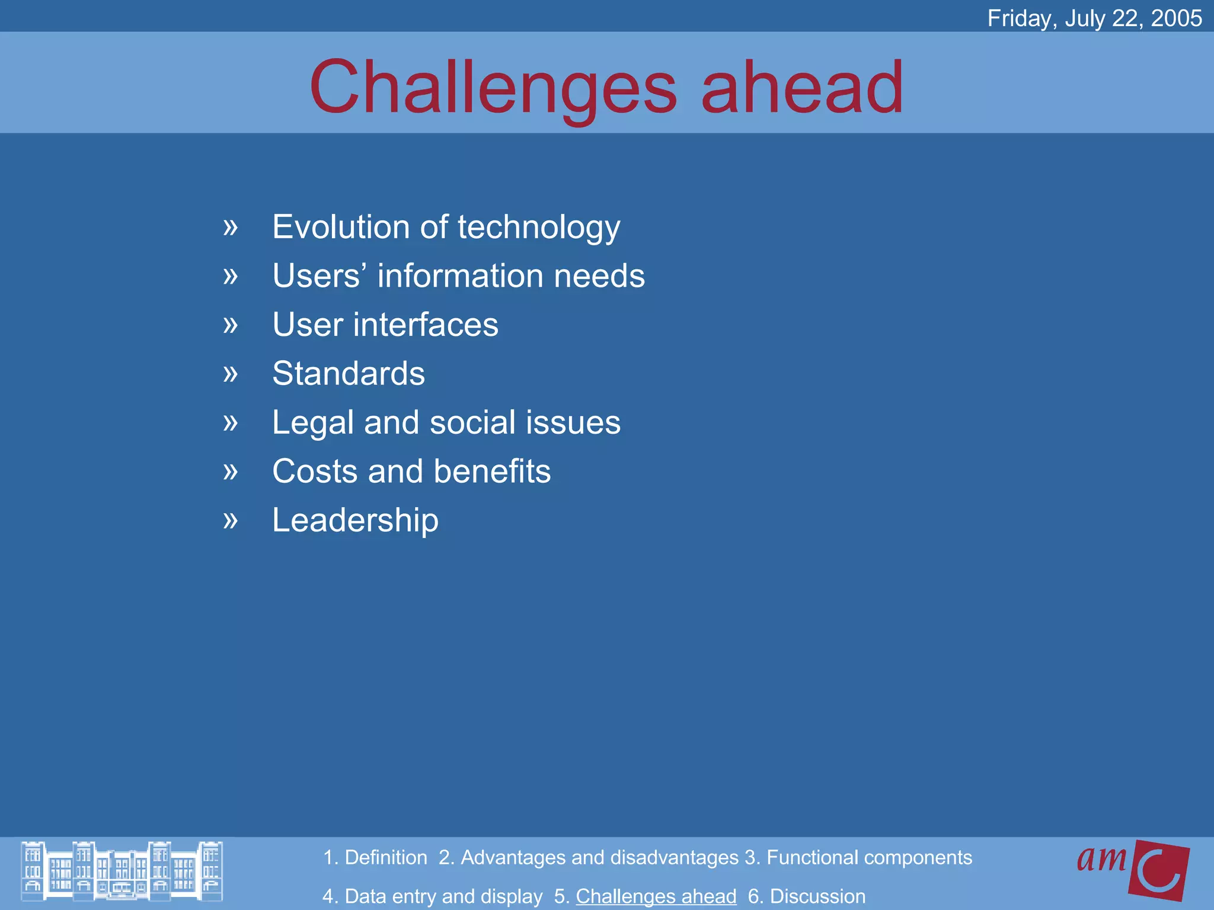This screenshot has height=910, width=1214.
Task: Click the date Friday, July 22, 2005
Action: coord(1094,18)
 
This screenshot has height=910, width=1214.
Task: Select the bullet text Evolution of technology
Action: coord(446,227)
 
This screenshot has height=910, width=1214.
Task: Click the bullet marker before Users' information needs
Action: coord(231,276)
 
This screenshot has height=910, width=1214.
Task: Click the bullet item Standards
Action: coord(349,374)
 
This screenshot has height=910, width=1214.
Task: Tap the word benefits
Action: coord(491,472)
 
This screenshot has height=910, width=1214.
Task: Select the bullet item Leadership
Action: coord(355,520)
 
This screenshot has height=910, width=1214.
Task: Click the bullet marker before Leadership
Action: coord(231,521)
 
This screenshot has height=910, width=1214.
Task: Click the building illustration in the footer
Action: coord(122,871)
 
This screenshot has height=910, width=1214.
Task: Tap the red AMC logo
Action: coord(1133,869)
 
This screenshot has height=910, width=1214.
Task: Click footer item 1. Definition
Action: coord(375,858)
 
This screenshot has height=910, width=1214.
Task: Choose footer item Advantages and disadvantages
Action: coord(589,858)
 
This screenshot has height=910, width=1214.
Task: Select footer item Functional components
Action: coord(858,858)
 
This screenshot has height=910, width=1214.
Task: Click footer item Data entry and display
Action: coord(432,896)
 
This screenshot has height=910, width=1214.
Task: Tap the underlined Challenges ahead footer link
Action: coord(656,896)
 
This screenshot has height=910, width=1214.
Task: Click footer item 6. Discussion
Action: coord(806,896)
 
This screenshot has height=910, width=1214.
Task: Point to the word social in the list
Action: coord(472,423)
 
